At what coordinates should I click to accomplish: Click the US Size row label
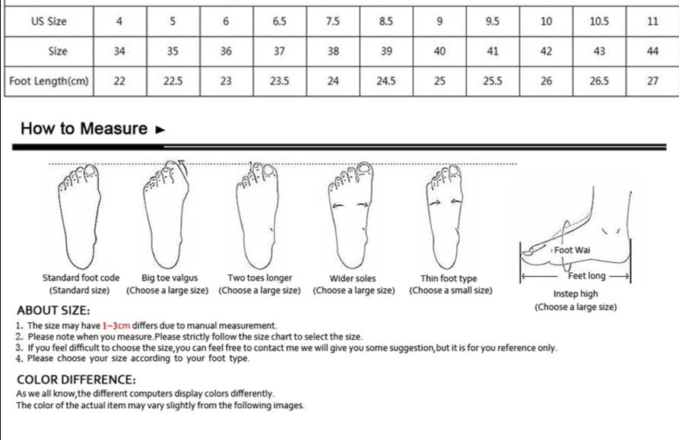49,21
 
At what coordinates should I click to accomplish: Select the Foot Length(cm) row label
49,81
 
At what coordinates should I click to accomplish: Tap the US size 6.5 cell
279,21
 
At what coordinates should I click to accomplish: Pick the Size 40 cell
439,52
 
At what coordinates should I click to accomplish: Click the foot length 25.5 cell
493,81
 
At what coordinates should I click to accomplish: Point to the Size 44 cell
652,52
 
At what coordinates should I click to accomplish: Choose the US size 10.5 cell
599,21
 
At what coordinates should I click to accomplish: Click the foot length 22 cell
119,81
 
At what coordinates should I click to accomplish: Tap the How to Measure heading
84,128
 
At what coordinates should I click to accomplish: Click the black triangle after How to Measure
160,129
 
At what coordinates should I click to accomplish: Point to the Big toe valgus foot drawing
167,213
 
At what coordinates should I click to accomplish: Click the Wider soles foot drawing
351,213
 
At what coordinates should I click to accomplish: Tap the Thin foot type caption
449,278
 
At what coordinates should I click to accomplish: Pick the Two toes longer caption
259,278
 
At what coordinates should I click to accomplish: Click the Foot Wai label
572,250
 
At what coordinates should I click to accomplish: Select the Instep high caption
575,294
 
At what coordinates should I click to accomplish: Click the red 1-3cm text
116,325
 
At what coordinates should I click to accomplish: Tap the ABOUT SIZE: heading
53,310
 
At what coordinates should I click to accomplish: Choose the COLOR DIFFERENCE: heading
76,379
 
